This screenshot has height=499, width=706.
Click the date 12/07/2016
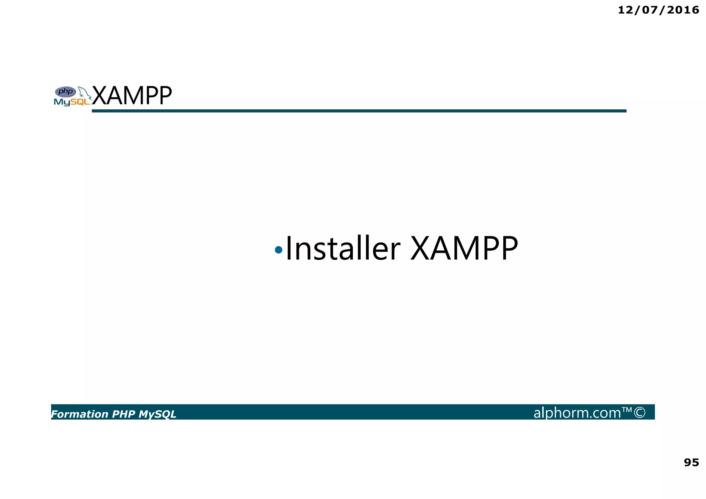click(x=658, y=10)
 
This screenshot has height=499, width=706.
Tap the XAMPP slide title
click(x=132, y=96)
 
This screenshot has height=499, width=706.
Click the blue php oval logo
click(x=65, y=92)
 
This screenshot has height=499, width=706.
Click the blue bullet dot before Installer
click(x=279, y=249)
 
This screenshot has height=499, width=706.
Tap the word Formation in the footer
click(x=80, y=414)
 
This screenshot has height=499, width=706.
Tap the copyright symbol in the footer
click(x=639, y=412)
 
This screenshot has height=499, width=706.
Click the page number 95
click(x=691, y=462)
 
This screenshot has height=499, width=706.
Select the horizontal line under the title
click(x=359, y=111)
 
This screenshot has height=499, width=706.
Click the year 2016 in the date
click(x=683, y=10)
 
